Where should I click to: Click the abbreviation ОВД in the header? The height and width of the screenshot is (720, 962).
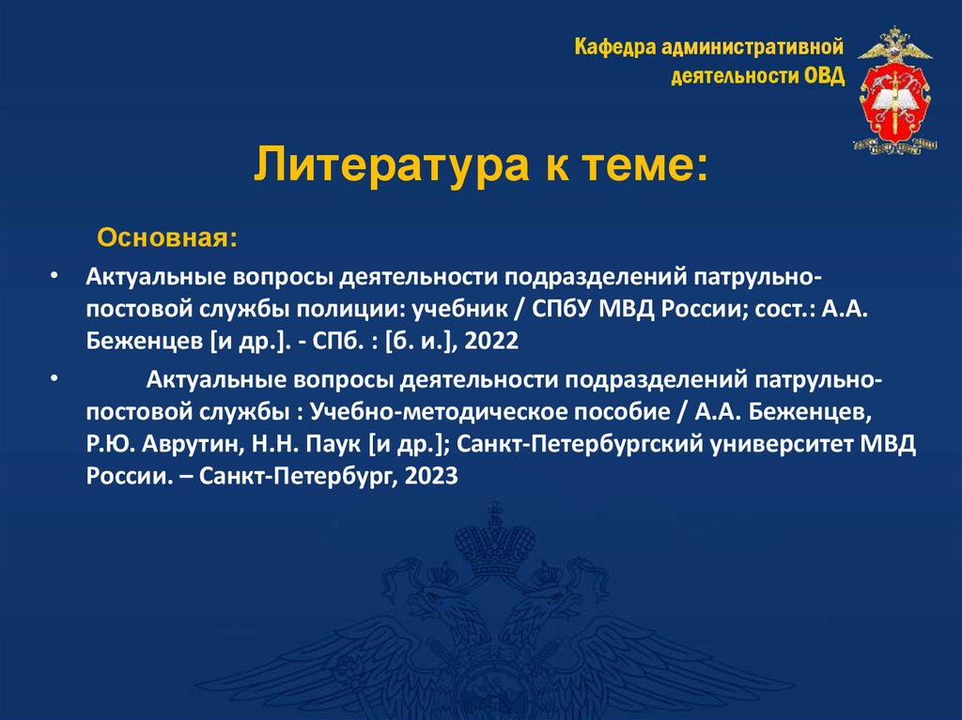click(824, 75)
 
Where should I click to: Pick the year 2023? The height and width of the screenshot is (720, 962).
click(427, 475)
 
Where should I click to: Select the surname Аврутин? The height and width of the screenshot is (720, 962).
click(178, 444)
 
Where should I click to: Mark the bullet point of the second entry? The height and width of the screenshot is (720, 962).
click(55, 380)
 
